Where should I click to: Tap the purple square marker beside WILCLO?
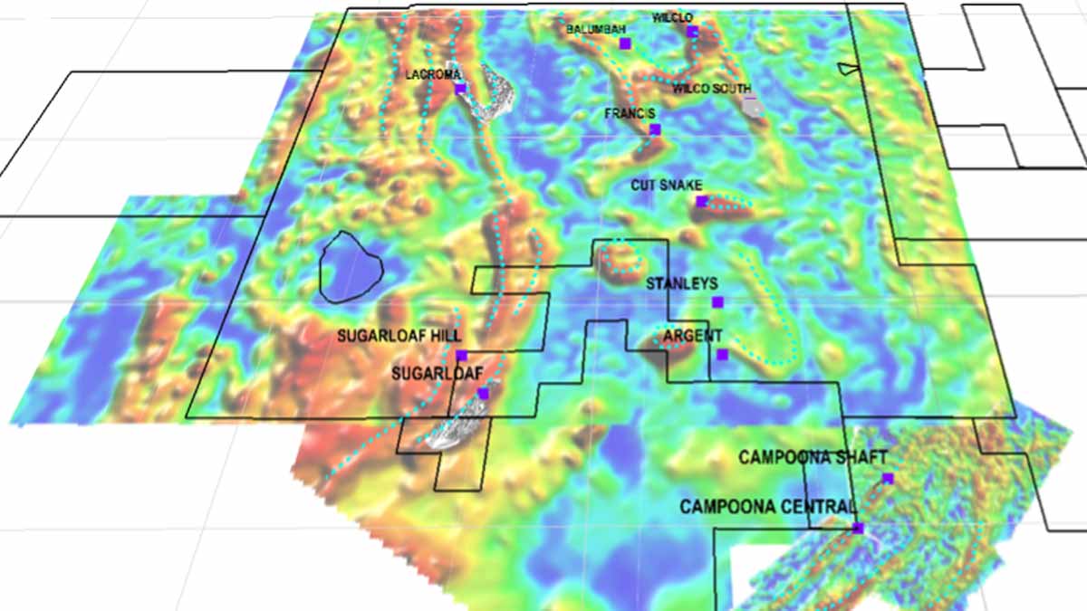[692, 32]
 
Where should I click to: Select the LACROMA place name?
[434, 74]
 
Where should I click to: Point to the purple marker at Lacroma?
[460, 89]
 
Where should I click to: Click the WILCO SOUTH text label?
[711, 89]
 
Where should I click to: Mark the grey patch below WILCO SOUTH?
[752, 106]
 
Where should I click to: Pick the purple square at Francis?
[655, 129]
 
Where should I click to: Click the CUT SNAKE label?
[667, 186]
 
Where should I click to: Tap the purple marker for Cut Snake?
[701, 201]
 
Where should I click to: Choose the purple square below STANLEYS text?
[717, 301]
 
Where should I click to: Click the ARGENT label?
[692, 336]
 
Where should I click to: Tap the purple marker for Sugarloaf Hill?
[461, 355]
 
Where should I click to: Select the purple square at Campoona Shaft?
[888, 478]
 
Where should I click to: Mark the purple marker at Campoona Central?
[858, 528]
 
